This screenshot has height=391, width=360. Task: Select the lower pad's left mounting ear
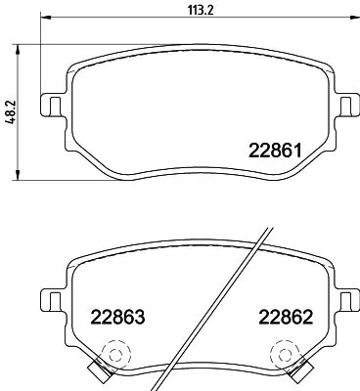click(x=49, y=294)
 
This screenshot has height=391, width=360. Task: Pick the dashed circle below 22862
click(x=284, y=353)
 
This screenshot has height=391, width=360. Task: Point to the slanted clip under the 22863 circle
click(x=98, y=369)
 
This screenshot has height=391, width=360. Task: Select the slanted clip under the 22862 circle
click(x=298, y=369)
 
